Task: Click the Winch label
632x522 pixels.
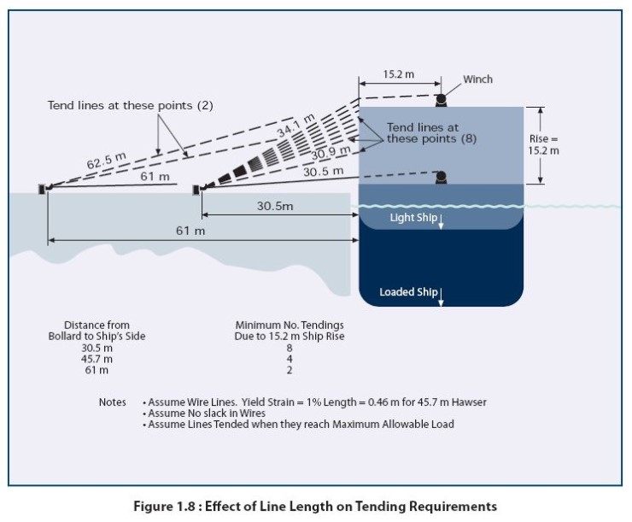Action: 477,79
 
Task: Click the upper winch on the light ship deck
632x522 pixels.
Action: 441,100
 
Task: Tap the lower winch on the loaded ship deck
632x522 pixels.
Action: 441,178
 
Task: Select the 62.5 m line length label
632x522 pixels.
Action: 84,160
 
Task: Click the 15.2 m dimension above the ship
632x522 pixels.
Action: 398,74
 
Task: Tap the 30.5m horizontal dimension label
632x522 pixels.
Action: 275,207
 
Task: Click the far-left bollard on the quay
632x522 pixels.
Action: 42,188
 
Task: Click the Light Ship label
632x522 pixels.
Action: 413,218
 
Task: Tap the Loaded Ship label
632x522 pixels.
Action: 408,292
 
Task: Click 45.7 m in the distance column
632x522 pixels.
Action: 98,359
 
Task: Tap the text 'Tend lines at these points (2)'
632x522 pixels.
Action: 130,105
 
